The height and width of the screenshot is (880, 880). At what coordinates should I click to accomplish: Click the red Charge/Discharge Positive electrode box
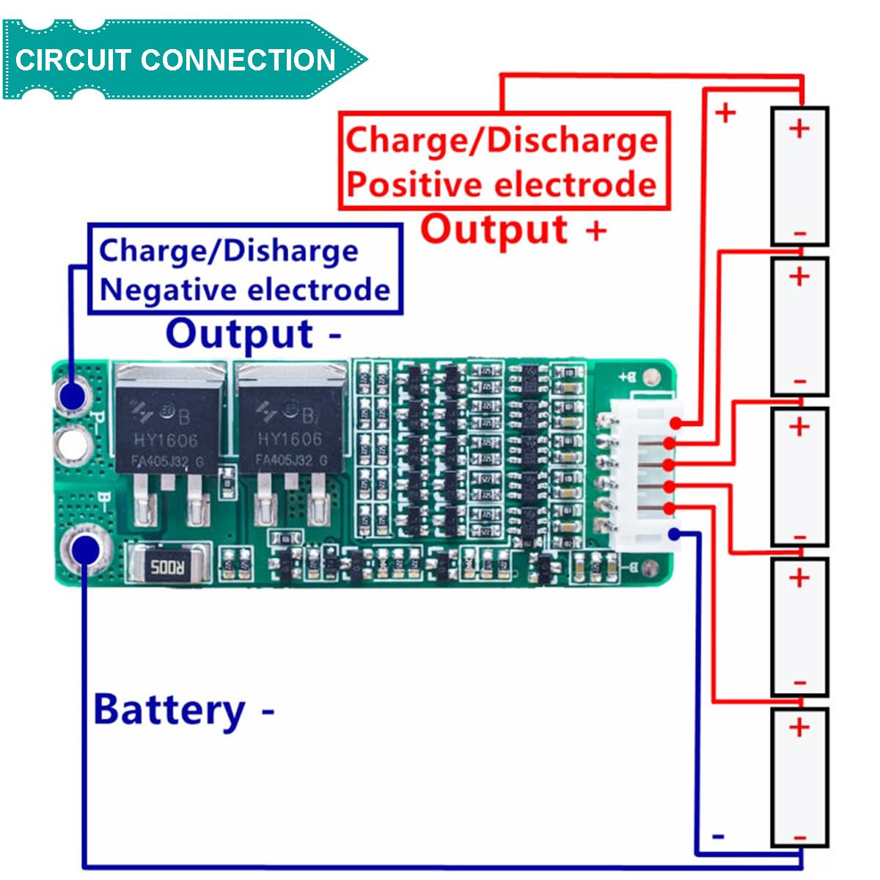click(504, 161)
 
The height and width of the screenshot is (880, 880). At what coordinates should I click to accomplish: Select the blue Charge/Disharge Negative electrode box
click(245, 269)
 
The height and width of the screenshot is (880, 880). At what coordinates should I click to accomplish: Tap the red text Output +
click(513, 230)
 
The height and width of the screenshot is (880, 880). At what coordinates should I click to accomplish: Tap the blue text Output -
click(253, 334)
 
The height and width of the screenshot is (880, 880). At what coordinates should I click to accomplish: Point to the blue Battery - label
click(183, 710)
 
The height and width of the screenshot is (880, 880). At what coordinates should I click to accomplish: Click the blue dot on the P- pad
click(73, 397)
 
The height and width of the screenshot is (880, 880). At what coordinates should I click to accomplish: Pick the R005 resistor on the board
click(169, 565)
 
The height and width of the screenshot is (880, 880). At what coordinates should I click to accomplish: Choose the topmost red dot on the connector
click(675, 423)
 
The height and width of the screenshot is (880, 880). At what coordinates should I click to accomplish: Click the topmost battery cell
click(799, 176)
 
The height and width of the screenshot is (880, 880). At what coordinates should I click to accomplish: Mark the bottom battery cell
click(799, 777)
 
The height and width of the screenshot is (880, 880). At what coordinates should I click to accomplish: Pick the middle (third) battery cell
click(799, 477)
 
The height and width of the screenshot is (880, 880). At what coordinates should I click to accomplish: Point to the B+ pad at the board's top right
click(649, 378)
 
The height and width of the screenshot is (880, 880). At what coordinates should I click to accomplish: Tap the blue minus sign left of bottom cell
click(719, 836)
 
